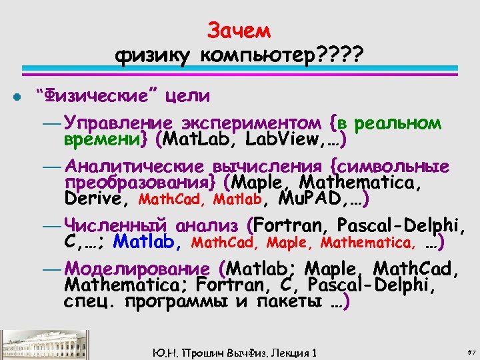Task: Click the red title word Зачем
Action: click(239, 30)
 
